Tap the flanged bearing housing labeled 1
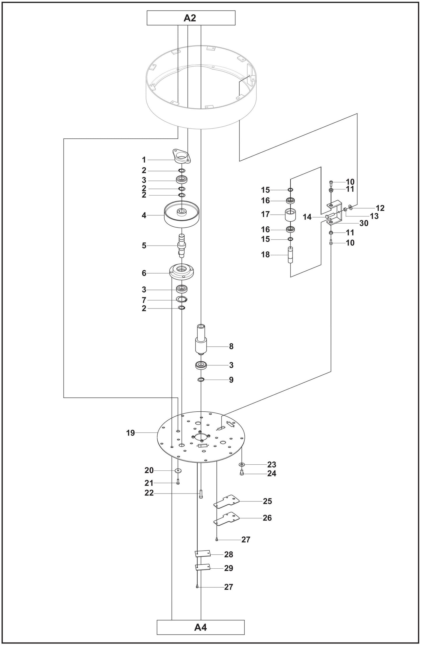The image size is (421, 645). pyautogui.click(x=182, y=156)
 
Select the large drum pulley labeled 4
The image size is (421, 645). pyautogui.click(x=182, y=216)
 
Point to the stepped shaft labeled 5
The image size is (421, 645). pyautogui.click(x=182, y=245)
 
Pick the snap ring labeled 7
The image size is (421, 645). pyautogui.click(x=182, y=299)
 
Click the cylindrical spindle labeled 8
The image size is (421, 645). pyautogui.click(x=201, y=339)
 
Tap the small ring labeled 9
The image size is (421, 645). pyautogui.click(x=201, y=380)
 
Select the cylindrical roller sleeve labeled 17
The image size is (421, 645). pyautogui.click(x=290, y=215)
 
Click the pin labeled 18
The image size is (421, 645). pyautogui.click(x=290, y=255)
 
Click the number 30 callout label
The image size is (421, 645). pyautogui.click(x=364, y=223)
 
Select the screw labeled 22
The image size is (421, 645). pyautogui.click(x=201, y=494)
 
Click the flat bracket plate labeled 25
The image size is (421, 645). pyautogui.click(x=226, y=501)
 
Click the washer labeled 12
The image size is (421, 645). pyautogui.click(x=350, y=208)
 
